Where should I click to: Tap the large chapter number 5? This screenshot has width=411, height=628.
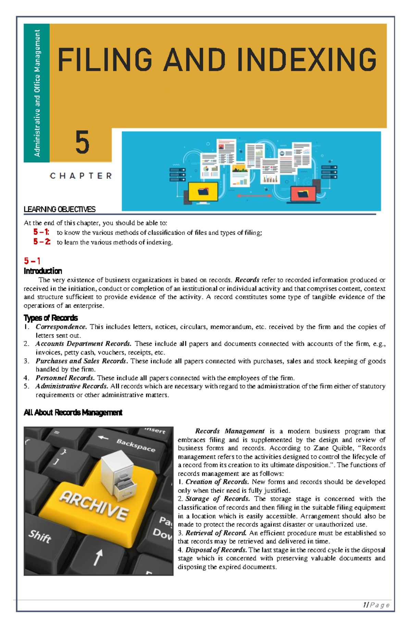pos(82,143)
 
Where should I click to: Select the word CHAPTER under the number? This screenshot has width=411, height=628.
pos(81,176)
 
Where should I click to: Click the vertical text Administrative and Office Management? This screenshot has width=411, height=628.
pos(37,93)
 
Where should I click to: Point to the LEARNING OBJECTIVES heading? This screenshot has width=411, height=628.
pos(60,209)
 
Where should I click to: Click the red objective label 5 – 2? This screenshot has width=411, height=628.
pos(42,242)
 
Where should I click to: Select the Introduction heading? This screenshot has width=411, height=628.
pos(43,271)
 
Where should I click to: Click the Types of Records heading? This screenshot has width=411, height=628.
pos(51,318)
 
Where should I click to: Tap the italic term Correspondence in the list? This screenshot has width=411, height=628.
pos(61,327)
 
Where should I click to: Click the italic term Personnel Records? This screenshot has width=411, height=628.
pos(65,378)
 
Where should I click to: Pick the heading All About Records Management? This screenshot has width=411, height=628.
pos(73,412)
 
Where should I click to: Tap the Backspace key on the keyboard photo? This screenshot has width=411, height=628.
pos(135,445)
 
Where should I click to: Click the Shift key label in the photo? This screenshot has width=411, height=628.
pos(40,536)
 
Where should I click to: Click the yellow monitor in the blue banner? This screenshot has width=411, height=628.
pos(203,192)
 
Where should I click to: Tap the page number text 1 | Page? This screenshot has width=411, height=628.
pos(376,605)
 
